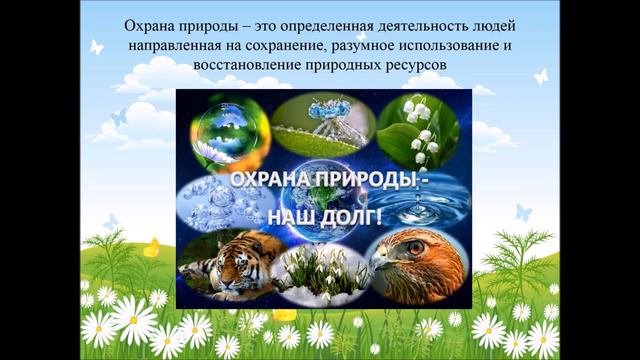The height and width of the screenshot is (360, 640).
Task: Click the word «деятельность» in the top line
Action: pos(422,25)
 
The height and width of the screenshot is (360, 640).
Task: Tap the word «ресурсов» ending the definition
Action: pos(410,65)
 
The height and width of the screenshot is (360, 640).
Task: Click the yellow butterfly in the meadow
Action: pos(151,248)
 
